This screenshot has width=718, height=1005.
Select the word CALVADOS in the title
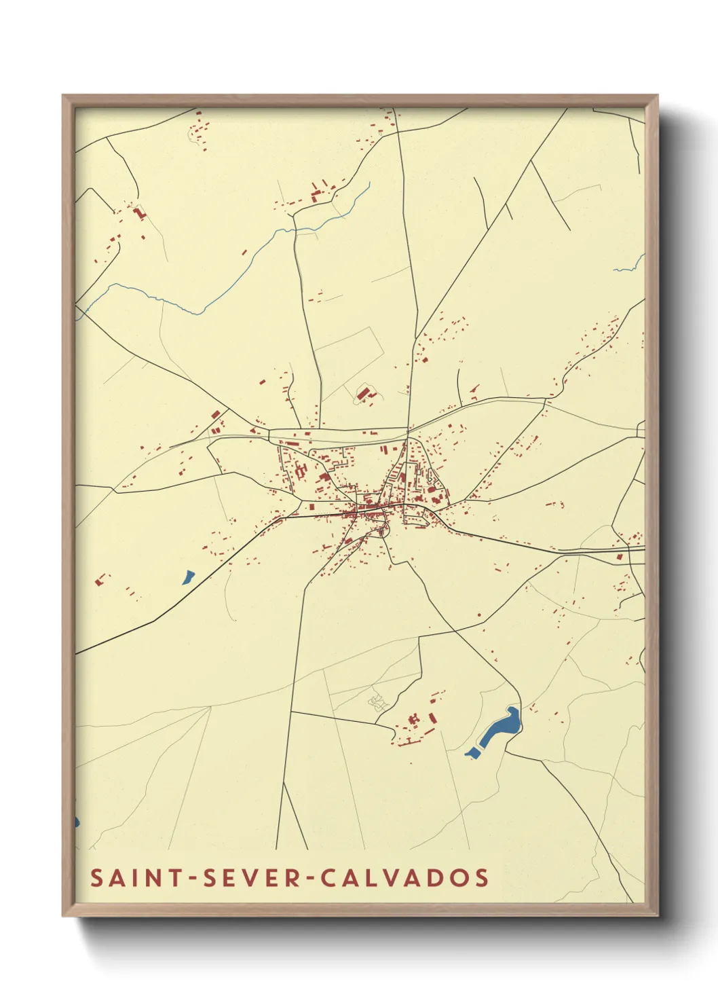pos(404,877)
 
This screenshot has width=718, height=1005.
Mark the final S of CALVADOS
pos(482,877)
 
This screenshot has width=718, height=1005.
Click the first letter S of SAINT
pos(97,877)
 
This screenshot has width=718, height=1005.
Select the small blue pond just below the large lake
pos(471,752)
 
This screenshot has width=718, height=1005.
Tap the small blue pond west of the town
pos(187,578)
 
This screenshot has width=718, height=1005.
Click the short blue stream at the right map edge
pos(630,266)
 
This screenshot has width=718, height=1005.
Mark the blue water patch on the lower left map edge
pos(77,822)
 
